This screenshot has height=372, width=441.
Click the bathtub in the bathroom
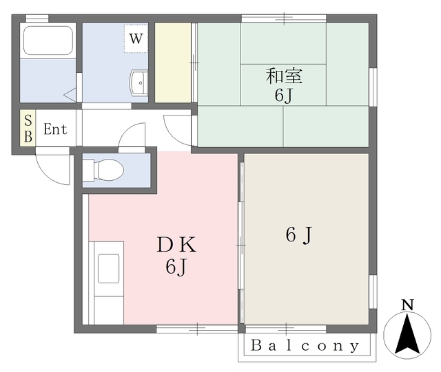point(48,41)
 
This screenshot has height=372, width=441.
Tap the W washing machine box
point(136,39)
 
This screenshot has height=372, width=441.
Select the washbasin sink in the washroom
point(139,83)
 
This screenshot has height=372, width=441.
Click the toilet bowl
point(103,170)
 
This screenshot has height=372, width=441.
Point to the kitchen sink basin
point(109,268)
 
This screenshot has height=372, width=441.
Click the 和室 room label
point(284,76)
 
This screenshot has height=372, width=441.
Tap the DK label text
point(176,244)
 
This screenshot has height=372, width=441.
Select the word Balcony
point(305,346)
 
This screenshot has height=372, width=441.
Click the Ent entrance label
point(55,129)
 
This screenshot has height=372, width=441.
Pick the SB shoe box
point(28,128)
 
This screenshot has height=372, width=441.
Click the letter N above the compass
point(407,305)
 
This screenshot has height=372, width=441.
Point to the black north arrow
point(407,334)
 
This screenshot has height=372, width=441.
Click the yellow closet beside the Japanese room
point(173,63)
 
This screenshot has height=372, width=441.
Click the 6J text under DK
point(176,267)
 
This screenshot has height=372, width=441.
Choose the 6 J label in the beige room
point(299,235)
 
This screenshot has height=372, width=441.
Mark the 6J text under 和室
point(284,96)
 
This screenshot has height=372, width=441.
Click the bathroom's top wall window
point(37,18)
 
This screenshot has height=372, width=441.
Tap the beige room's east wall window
point(373,292)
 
